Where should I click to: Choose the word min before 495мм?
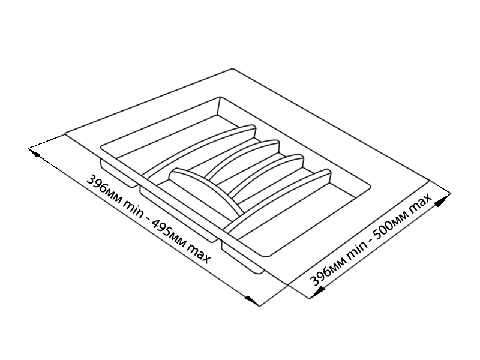[132, 208]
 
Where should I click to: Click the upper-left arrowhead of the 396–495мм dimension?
[34, 152]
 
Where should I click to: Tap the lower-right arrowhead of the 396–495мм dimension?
[253, 301]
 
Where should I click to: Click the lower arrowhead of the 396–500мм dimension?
[317, 292]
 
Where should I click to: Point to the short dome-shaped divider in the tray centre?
[206, 188]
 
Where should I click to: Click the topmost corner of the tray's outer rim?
[233, 68]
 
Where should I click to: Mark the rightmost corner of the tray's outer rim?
[429, 183]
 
